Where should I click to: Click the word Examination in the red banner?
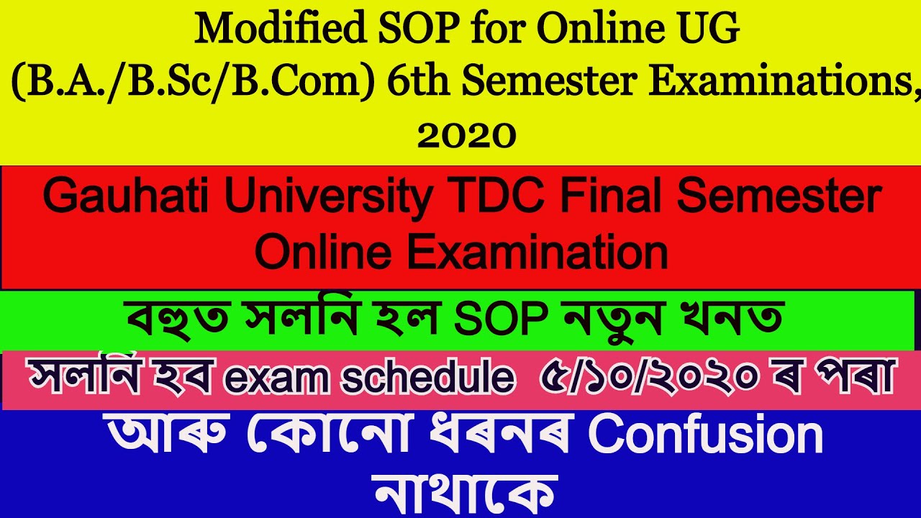point(532,252)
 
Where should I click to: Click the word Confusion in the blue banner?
point(705,435)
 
